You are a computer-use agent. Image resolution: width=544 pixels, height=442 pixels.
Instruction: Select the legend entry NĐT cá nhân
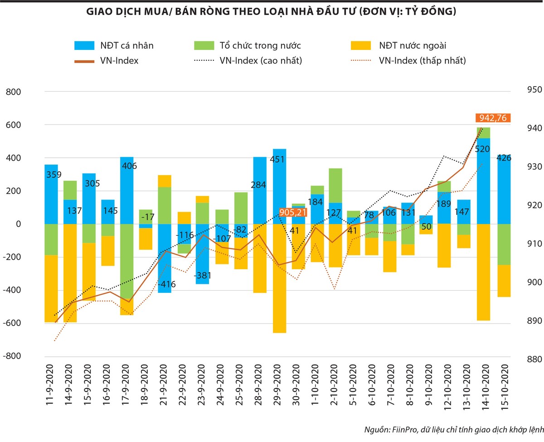tap(115, 45)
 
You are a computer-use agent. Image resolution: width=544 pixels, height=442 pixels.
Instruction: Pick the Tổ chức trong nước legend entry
tap(248, 45)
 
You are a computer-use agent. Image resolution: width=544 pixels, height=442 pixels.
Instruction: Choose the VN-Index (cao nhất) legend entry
tap(248, 60)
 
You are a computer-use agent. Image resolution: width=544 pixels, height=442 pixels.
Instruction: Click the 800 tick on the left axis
tap(13, 92)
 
